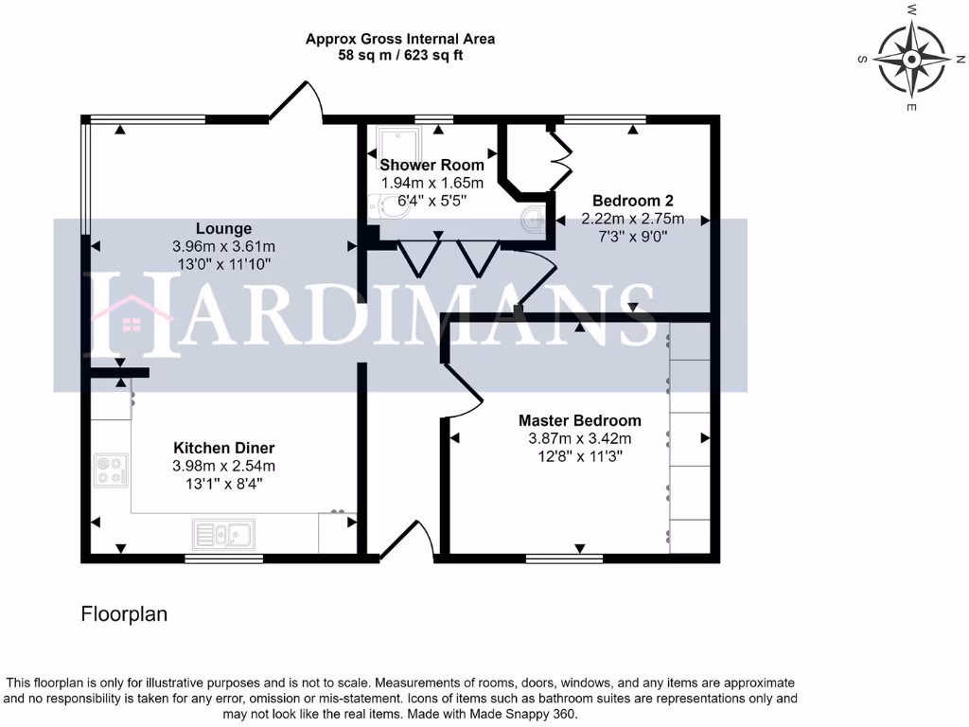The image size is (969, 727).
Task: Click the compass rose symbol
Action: click(911, 59)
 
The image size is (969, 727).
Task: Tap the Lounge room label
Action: click(223, 228)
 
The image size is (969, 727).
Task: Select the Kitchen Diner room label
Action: click(223, 448)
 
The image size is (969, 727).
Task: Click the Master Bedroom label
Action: click(579, 420)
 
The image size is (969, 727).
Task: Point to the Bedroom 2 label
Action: click(632, 201)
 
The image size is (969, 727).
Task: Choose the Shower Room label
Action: click(432, 165)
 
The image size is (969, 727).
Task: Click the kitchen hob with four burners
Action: click(111, 470)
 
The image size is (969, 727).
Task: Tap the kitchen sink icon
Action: click(221, 535)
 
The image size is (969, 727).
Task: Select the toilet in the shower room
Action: click(388, 207)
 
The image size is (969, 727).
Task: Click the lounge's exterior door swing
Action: click(295, 102)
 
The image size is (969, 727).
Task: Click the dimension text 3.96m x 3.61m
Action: click(223, 246)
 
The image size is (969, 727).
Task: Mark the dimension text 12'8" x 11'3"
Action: click(579, 456)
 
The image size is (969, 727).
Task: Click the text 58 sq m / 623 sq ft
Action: click(399, 56)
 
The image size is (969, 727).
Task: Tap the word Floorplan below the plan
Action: click(124, 614)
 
